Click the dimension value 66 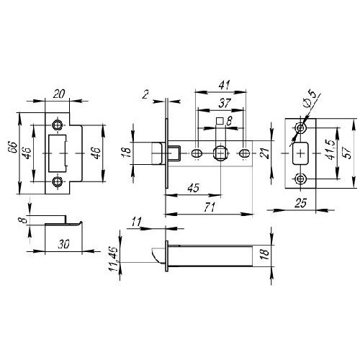(13, 148)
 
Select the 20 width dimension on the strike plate (59, 94)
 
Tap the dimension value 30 (63, 244)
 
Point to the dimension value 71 (210, 207)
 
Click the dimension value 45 (194, 188)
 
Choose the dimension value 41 (225, 85)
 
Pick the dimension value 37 (225, 103)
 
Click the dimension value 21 (265, 153)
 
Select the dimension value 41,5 (330, 150)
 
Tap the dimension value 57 (347, 152)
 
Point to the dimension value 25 (301, 203)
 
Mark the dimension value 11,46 (113, 259)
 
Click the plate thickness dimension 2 (145, 94)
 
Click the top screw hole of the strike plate (58, 125)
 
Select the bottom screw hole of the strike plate (58, 181)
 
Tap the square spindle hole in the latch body (220, 153)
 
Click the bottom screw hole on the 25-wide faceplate (300, 179)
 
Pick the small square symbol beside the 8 (220, 121)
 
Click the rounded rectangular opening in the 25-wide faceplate (300, 153)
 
